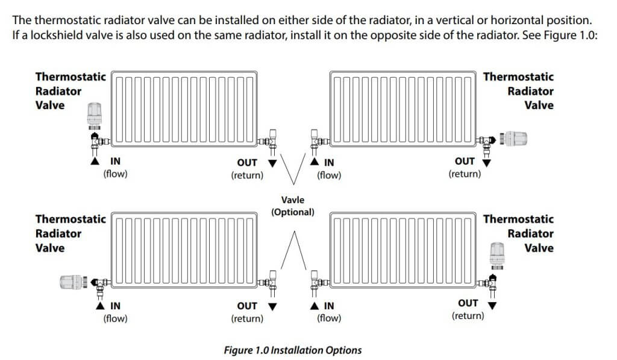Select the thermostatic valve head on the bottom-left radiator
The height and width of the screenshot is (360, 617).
click(x=72, y=282)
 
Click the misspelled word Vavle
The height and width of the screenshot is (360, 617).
click(x=293, y=200)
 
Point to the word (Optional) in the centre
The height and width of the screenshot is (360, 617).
click(x=293, y=212)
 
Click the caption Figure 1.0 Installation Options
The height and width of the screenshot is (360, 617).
click(x=293, y=350)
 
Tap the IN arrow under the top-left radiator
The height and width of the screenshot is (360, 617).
click(x=95, y=162)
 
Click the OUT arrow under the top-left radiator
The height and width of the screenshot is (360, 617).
click(x=272, y=163)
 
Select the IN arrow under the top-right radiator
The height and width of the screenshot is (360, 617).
click(x=314, y=162)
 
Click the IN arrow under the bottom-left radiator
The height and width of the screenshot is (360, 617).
click(x=95, y=306)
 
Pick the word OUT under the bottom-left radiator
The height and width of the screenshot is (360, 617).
click(x=247, y=306)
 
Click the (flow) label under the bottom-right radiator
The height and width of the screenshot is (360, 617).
click(x=329, y=318)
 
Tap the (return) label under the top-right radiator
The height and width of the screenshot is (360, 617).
click(x=465, y=174)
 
